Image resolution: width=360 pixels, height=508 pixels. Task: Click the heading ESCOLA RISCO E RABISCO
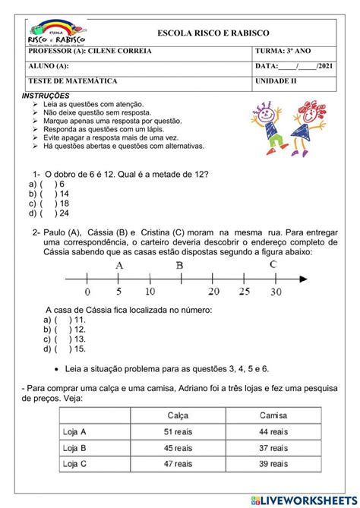click(213, 33)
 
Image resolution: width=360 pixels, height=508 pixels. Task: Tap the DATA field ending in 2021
click(292, 67)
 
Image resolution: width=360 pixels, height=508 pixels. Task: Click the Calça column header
click(178, 415)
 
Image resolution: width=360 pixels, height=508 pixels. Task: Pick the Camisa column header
click(273, 415)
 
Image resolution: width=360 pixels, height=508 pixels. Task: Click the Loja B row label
click(74, 447)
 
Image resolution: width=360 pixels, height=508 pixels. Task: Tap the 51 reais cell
click(178, 431)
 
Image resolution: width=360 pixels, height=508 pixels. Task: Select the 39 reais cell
click(273, 463)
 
